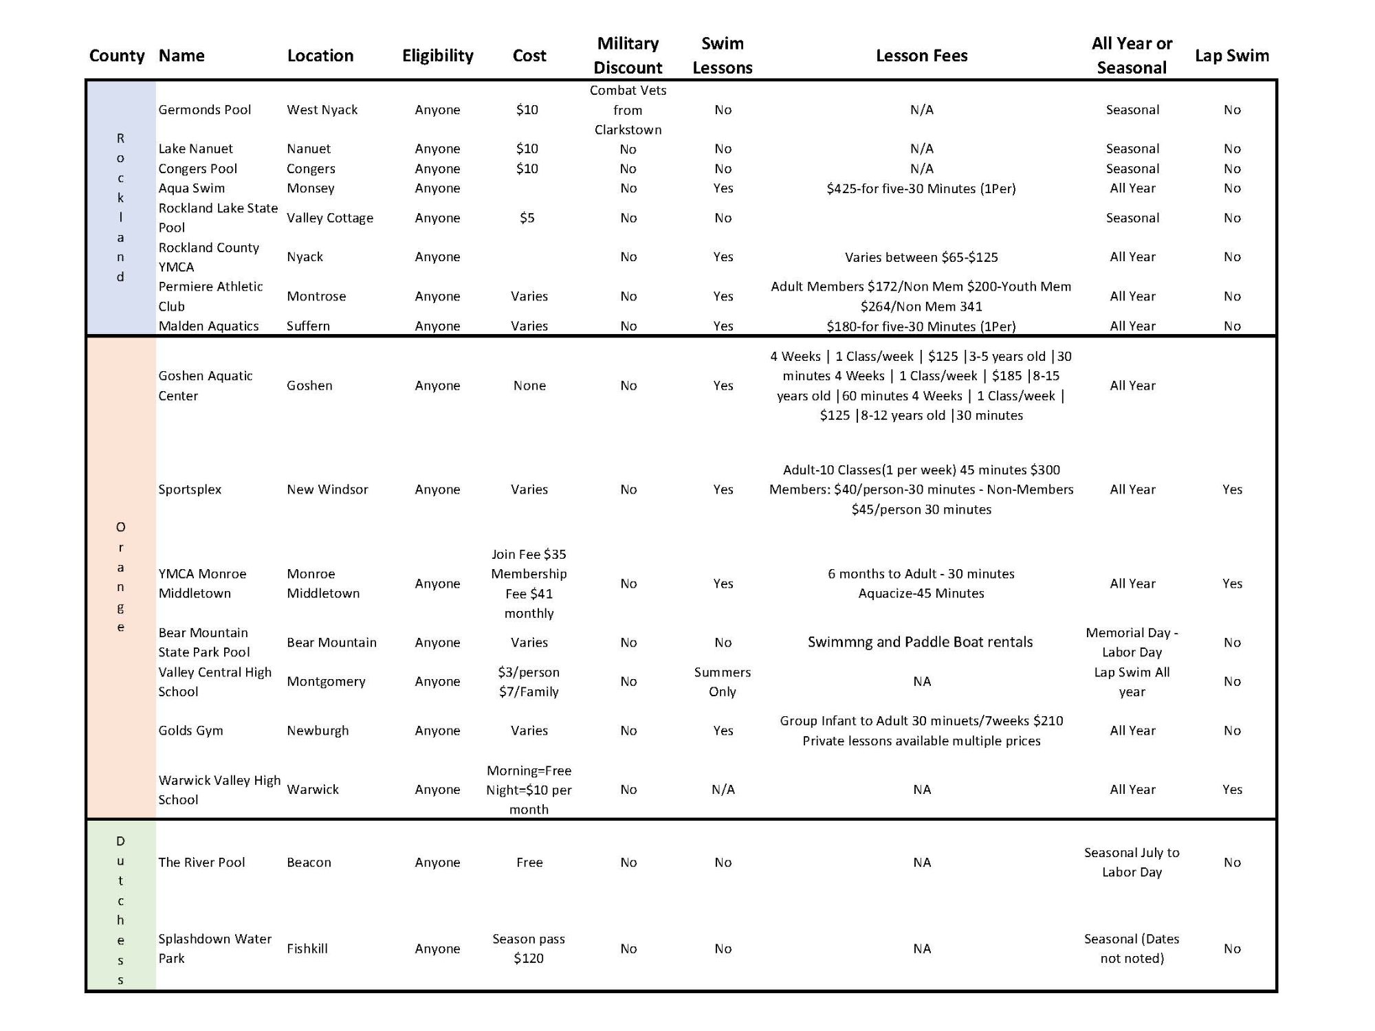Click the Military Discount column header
click(628, 56)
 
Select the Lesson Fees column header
click(921, 56)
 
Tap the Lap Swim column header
click(1231, 56)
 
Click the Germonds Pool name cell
click(205, 110)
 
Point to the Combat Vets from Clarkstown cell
click(628, 110)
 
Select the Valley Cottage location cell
click(330, 218)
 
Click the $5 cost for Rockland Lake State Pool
click(527, 218)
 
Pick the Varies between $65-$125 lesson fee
click(921, 257)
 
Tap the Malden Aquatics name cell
click(208, 326)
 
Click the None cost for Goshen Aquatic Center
click(529, 386)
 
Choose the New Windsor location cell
click(327, 489)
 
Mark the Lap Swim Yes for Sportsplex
click(1232, 489)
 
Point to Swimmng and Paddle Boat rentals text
click(920, 642)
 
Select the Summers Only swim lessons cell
click(723, 682)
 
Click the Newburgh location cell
click(318, 731)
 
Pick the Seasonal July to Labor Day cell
click(1132, 862)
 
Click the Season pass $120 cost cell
click(529, 949)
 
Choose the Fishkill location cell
click(307, 949)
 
